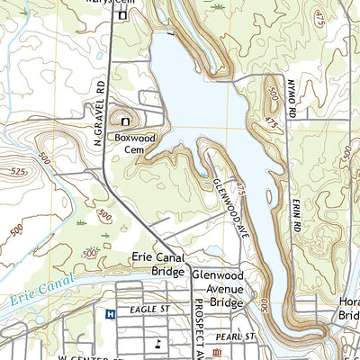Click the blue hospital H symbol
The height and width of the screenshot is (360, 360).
pos(110,314)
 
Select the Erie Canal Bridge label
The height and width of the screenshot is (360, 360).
pos(158,263)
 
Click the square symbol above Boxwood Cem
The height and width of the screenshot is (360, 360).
pos(125,121)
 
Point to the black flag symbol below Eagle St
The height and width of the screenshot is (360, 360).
pos(158,343)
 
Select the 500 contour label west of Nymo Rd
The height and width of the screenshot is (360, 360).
pos(272,92)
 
